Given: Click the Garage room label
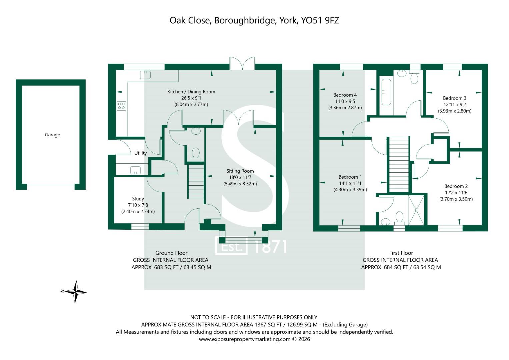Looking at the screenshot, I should click(52, 135).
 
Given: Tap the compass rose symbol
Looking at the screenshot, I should click(76, 292).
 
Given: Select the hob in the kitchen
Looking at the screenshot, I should click(121, 106).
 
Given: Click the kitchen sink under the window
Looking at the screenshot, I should click(145, 75).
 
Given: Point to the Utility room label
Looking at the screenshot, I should click(140, 153).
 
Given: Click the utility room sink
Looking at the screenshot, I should click(135, 170).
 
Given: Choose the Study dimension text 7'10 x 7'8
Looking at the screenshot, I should click(138, 205).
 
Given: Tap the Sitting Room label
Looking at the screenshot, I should click(240, 171).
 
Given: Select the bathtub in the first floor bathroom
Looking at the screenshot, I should click(386, 92).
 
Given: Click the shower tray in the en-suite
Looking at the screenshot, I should click(416, 210).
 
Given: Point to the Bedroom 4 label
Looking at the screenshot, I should click(345, 95).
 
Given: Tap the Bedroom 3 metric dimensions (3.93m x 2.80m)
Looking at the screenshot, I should click(454, 111).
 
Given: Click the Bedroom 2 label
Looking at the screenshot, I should click(456, 186).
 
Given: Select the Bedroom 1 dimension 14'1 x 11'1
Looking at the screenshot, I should click(350, 183).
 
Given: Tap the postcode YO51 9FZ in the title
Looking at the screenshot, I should click(320, 20).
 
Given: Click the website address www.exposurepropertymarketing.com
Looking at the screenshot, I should click(245, 339).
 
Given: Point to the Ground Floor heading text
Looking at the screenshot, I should click(171, 253).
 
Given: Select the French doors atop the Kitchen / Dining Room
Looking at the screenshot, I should click(242, 63).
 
